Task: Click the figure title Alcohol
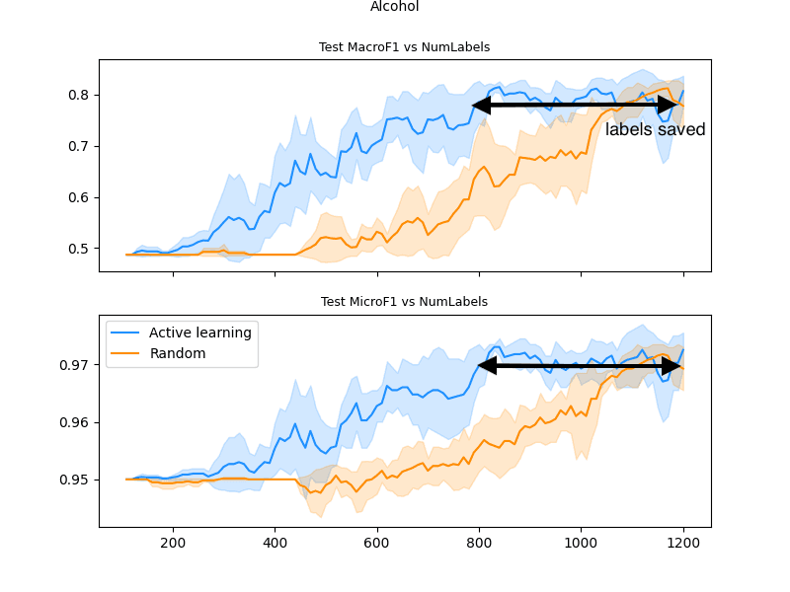394,7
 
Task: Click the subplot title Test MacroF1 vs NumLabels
404,47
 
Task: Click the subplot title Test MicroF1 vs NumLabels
404,302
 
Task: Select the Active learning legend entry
199,333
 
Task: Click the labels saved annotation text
655,130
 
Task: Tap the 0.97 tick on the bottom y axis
76,365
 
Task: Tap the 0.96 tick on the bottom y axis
76,422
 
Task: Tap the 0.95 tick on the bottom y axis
76,480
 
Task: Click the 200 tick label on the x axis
173,542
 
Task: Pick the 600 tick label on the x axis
377,542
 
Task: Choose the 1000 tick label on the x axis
581,542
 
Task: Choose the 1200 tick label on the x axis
683,542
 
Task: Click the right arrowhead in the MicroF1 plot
671,366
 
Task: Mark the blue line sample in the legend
125,333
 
